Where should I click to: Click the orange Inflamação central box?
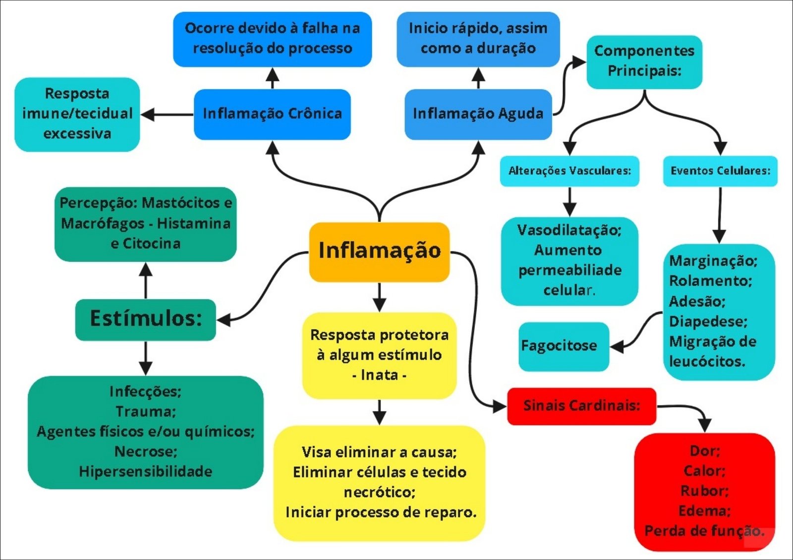tap(379, 251)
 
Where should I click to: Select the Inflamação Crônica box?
tap(272, 114)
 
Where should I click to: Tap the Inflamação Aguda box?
tap(478, 114)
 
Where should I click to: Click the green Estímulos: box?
tap(146, 319)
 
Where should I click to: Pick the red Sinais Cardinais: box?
tap(581, 406)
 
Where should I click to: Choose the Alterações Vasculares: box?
tap(569, 171)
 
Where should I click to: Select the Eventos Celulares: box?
tap(720, 171)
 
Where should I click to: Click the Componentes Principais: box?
tap(644, 61)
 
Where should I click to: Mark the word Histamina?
tap(194, 224)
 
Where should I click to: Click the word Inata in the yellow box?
tap(379, 375)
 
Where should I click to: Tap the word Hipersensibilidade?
tap(146, 471)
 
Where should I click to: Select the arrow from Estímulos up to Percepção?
tap(146, 280)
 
